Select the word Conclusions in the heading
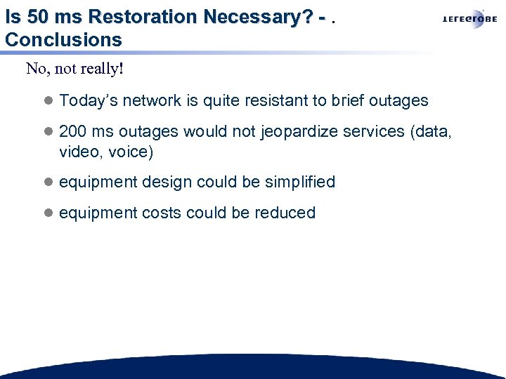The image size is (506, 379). pos(63,39)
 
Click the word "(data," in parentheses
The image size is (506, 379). pos(432,132)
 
